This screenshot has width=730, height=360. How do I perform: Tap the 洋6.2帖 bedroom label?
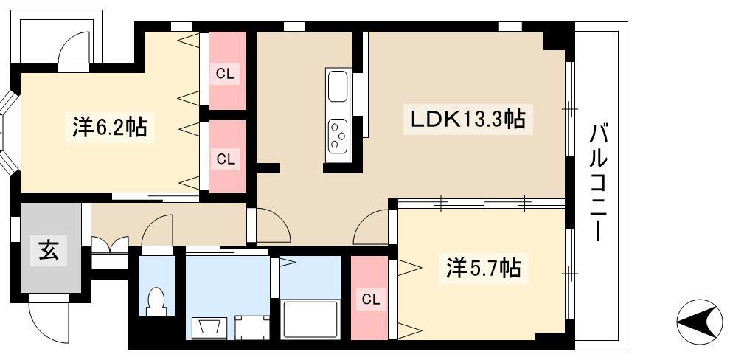tap(110, 127)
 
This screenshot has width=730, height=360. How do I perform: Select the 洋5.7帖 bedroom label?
tap(484, 269)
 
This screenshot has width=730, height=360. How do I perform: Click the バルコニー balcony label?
tap(598, 182)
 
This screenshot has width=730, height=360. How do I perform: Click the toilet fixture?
tap(156, 301)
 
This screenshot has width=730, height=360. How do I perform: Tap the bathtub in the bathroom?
tap(310, 319)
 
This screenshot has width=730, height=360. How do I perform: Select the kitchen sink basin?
tap(338, 86)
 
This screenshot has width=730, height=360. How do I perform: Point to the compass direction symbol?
tap(699, 322)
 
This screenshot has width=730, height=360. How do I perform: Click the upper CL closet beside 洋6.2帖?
tap(228, 71)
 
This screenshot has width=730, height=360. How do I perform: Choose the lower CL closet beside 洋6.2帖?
tap(228, 156)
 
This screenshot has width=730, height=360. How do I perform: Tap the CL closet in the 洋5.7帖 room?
tap(369, 298)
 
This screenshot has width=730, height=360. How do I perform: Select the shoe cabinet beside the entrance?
tap(109, 252)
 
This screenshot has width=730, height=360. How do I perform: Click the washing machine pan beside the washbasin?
tap(252, 328)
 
